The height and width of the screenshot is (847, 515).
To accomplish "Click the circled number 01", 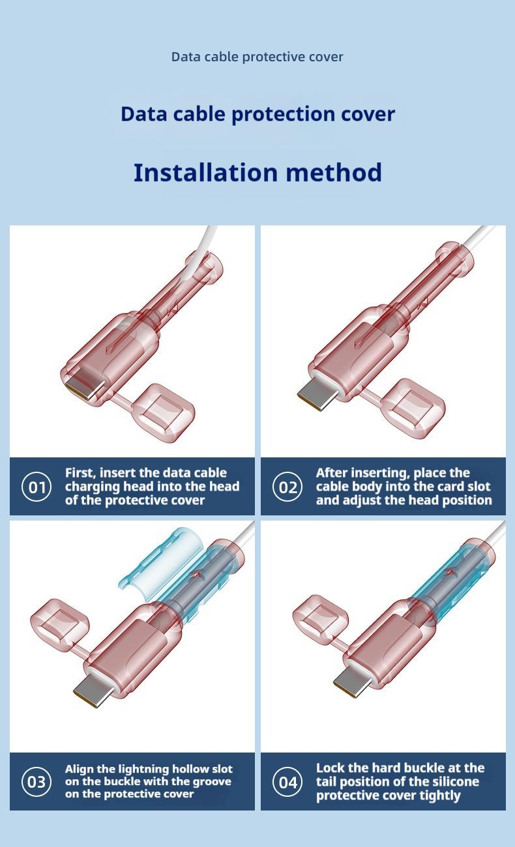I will tap(37, 487).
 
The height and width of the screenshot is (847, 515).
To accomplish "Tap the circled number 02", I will tap(288, 487).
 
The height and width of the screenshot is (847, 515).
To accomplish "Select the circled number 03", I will tap(37, 781).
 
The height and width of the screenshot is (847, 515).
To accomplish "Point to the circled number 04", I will tap(288, 781).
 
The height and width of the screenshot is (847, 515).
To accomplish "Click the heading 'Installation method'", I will tap(257, 173).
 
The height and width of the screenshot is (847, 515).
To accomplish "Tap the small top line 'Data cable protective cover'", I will tap(257, 57).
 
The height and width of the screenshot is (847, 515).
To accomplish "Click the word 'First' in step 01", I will tap(80, 473).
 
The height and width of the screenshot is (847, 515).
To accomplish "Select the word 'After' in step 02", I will tap(332, 473).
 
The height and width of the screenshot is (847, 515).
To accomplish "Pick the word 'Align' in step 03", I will tap(80, 769).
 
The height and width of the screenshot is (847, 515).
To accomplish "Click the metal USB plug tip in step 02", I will tap(316, 395).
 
